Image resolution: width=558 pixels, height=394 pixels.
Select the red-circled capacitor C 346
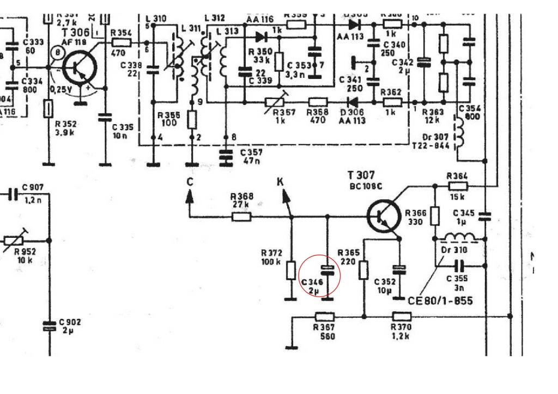327,269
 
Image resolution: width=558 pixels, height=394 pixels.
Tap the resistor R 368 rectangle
241,217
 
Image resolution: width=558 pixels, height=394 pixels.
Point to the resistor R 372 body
291,270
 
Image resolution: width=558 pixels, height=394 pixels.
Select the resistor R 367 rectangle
324,316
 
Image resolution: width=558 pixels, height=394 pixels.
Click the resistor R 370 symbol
401,316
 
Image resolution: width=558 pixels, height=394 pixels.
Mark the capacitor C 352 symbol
399,269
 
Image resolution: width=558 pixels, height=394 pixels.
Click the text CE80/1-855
440,300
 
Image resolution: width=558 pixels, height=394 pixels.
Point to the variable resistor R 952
16,239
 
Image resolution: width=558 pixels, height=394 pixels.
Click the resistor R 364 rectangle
457,186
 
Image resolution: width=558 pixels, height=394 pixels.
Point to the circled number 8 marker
57,53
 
